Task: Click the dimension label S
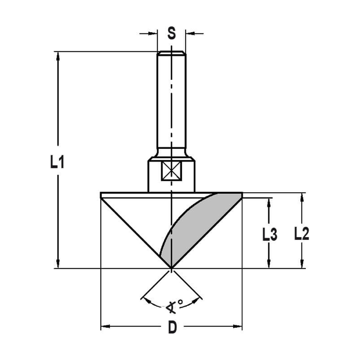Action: (x=172, y=33)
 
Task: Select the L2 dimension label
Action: (x=302, y=234)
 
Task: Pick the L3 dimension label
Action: (x=269, y=235)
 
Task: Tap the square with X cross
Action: (x=171, y=171)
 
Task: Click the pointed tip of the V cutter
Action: (x=171, y=268)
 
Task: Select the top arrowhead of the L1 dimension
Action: (x=58, y=55)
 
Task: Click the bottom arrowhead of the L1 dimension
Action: (x=58, y=264)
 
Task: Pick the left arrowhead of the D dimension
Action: (x=105, y=327)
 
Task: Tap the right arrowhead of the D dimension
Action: (x=238, y=327)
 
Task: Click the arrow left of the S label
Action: (x=154, y=33)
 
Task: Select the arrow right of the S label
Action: (x=189, y=33)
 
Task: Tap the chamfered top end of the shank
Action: (x=171, y=53)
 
